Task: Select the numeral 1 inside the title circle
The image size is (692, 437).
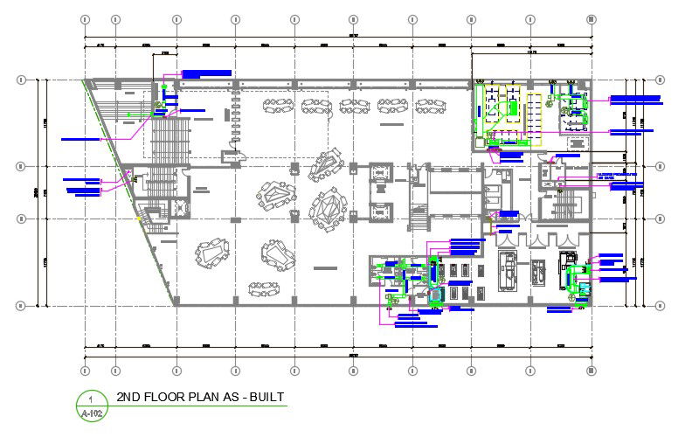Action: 90,399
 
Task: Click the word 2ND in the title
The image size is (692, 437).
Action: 128,397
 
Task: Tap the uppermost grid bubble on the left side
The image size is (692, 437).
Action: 20,80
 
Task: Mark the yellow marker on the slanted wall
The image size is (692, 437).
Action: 135,218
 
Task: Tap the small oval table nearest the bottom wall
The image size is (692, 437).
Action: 261,288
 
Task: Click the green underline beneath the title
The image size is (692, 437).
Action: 201,407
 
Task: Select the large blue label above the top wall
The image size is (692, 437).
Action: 205,73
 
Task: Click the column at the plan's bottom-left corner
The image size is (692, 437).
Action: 176,304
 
